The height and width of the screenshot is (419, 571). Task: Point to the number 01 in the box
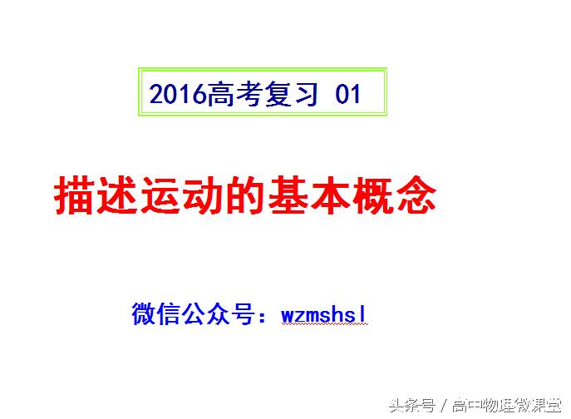348,95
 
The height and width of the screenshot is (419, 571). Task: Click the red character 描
76,197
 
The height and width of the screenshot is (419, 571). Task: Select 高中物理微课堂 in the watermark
508,406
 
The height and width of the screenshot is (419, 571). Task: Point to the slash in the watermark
444,406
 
